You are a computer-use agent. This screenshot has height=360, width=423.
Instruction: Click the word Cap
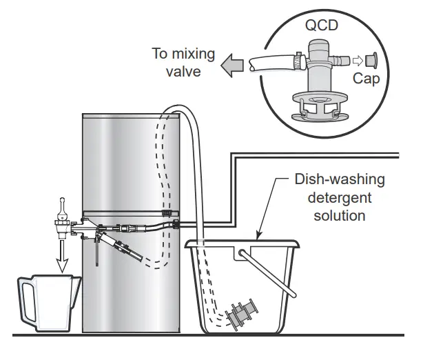(366, 80)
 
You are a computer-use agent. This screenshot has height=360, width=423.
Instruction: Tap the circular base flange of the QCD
(319, 103)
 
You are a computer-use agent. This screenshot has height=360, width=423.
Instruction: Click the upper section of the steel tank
(131, 159)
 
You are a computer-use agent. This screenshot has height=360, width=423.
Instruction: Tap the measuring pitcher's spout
(76, 279)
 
